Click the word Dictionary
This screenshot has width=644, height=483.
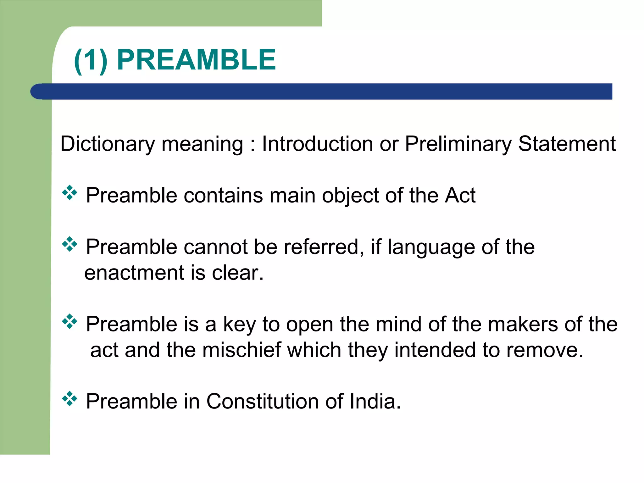108,144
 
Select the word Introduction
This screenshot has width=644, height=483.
317,144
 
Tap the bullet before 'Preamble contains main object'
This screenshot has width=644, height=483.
69,193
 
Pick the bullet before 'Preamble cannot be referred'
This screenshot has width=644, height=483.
69,244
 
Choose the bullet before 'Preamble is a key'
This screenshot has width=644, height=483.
69,321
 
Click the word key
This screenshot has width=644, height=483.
239,325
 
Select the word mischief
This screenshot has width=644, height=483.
241,350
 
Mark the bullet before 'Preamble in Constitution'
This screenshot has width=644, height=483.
69,399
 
